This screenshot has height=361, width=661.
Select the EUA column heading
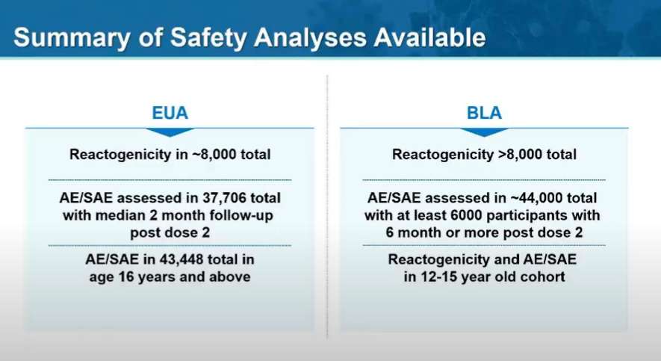point(170,114)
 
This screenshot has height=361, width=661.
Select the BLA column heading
point(484,114)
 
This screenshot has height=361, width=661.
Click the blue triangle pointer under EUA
point(170,132)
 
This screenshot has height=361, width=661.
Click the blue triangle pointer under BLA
point(484,132)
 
